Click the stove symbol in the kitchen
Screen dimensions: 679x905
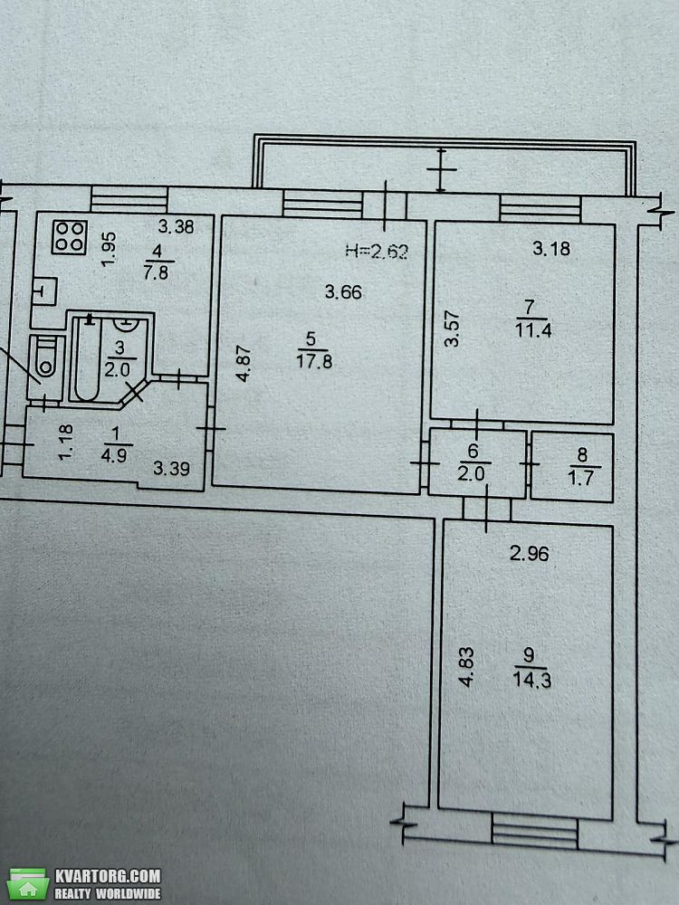[x=70, y=236]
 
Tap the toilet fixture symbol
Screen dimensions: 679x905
[x=45, y=360]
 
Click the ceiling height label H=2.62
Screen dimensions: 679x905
[x=377, y=251]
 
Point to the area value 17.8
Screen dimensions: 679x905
[x=313, y=362]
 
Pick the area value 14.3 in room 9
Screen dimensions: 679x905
[x=531, y=680]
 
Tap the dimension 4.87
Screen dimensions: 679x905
[x=244, y=364]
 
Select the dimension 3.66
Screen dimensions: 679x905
[x=343, y=291]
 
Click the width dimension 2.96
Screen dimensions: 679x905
[x=530, y=554]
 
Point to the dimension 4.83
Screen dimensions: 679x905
[x=466, y=667]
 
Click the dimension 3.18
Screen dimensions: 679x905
[x=551, y=248]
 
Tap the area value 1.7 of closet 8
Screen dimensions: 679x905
[x=581, y=478]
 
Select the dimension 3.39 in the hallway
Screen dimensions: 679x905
[x=171, y=468]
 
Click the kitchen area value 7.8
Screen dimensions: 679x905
[x=156, y=271]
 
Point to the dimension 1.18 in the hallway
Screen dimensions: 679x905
[x=66, y=443]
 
